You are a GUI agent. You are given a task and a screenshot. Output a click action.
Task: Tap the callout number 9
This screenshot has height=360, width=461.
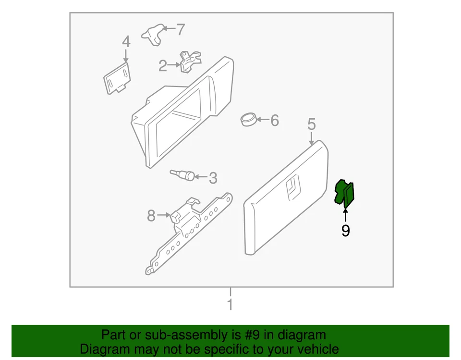coord(345,231)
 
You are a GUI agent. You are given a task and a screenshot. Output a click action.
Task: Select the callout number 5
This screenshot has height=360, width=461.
coord(312,125)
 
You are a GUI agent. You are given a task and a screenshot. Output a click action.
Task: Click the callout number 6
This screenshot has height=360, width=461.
coord(274,120)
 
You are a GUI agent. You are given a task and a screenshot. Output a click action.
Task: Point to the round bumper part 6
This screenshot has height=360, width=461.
coord(248,119)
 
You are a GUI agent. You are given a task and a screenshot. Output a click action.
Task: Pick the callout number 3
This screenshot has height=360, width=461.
coord(213,178)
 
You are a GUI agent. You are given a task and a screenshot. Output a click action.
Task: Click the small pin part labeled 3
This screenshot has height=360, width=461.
coord(184,174)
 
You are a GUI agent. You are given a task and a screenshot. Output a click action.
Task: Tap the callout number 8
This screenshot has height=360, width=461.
coord(151,216)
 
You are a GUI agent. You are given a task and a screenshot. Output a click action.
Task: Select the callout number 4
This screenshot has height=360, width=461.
coord(126,41)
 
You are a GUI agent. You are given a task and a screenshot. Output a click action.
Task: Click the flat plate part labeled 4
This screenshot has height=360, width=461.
coord(117,77)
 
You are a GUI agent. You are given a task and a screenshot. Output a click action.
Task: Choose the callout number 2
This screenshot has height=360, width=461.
coord(163,66)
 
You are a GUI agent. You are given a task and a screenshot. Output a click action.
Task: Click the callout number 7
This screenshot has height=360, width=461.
coord(180,30)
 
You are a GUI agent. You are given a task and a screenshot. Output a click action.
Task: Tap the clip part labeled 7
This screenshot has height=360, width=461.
coord(153,34)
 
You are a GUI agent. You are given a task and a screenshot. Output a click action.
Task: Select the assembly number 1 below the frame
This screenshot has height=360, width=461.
coord(230,304)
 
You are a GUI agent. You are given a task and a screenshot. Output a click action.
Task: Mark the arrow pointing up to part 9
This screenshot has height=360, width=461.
coord(345,214)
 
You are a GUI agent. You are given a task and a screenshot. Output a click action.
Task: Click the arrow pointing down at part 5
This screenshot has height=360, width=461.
coord(312,139)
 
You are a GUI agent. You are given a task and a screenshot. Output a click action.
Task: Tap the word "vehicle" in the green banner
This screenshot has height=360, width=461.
coord(315,349)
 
